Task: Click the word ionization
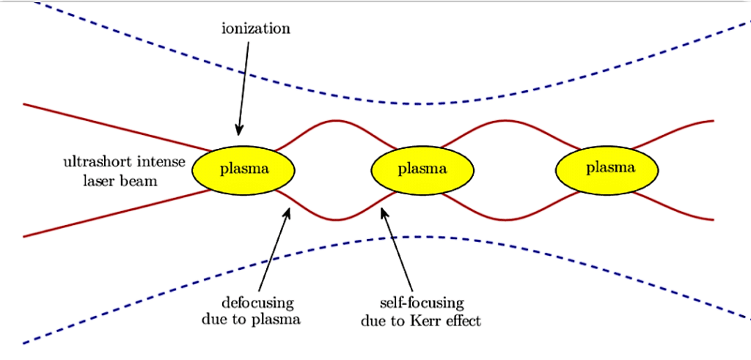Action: point(256,29)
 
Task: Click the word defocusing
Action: point(257,303)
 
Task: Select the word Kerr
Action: point(429,320)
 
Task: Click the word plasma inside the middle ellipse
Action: point(422,169)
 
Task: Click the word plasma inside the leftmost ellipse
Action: point(244,169)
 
